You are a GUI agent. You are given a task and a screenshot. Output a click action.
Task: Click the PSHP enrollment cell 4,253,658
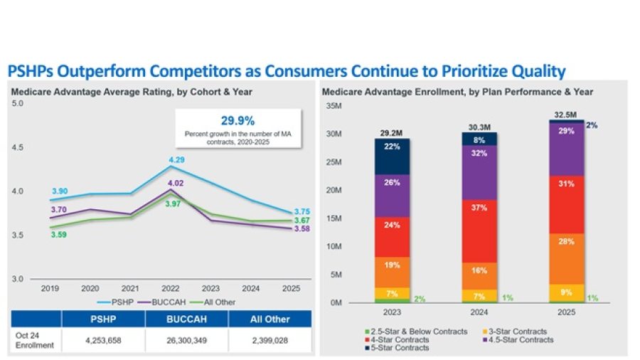[102, 340]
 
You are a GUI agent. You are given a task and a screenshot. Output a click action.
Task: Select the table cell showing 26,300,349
[186, 340]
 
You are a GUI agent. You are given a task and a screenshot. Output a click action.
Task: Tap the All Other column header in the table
[269, 319]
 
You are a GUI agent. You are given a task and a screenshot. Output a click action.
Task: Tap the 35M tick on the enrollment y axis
[333, 106]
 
